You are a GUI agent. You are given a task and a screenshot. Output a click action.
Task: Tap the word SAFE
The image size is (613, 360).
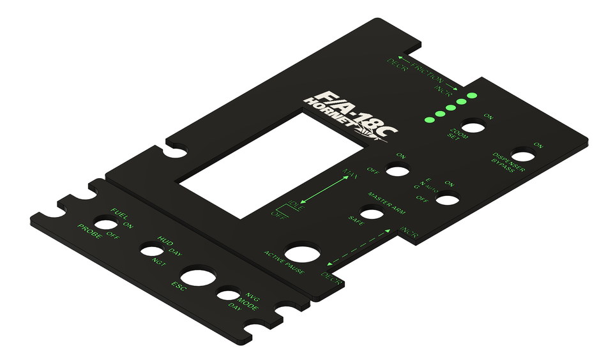pyautogui.click(x=356, y=219)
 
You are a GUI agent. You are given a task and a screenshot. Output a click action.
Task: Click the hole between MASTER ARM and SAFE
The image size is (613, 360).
pyautogui.click(x=372, y=213)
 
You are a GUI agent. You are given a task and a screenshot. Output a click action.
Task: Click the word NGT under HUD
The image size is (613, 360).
pyautogui.click(x=159, y=261)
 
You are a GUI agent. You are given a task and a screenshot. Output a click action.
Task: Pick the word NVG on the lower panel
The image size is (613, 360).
pyautogui.click(x=253, y=296)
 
